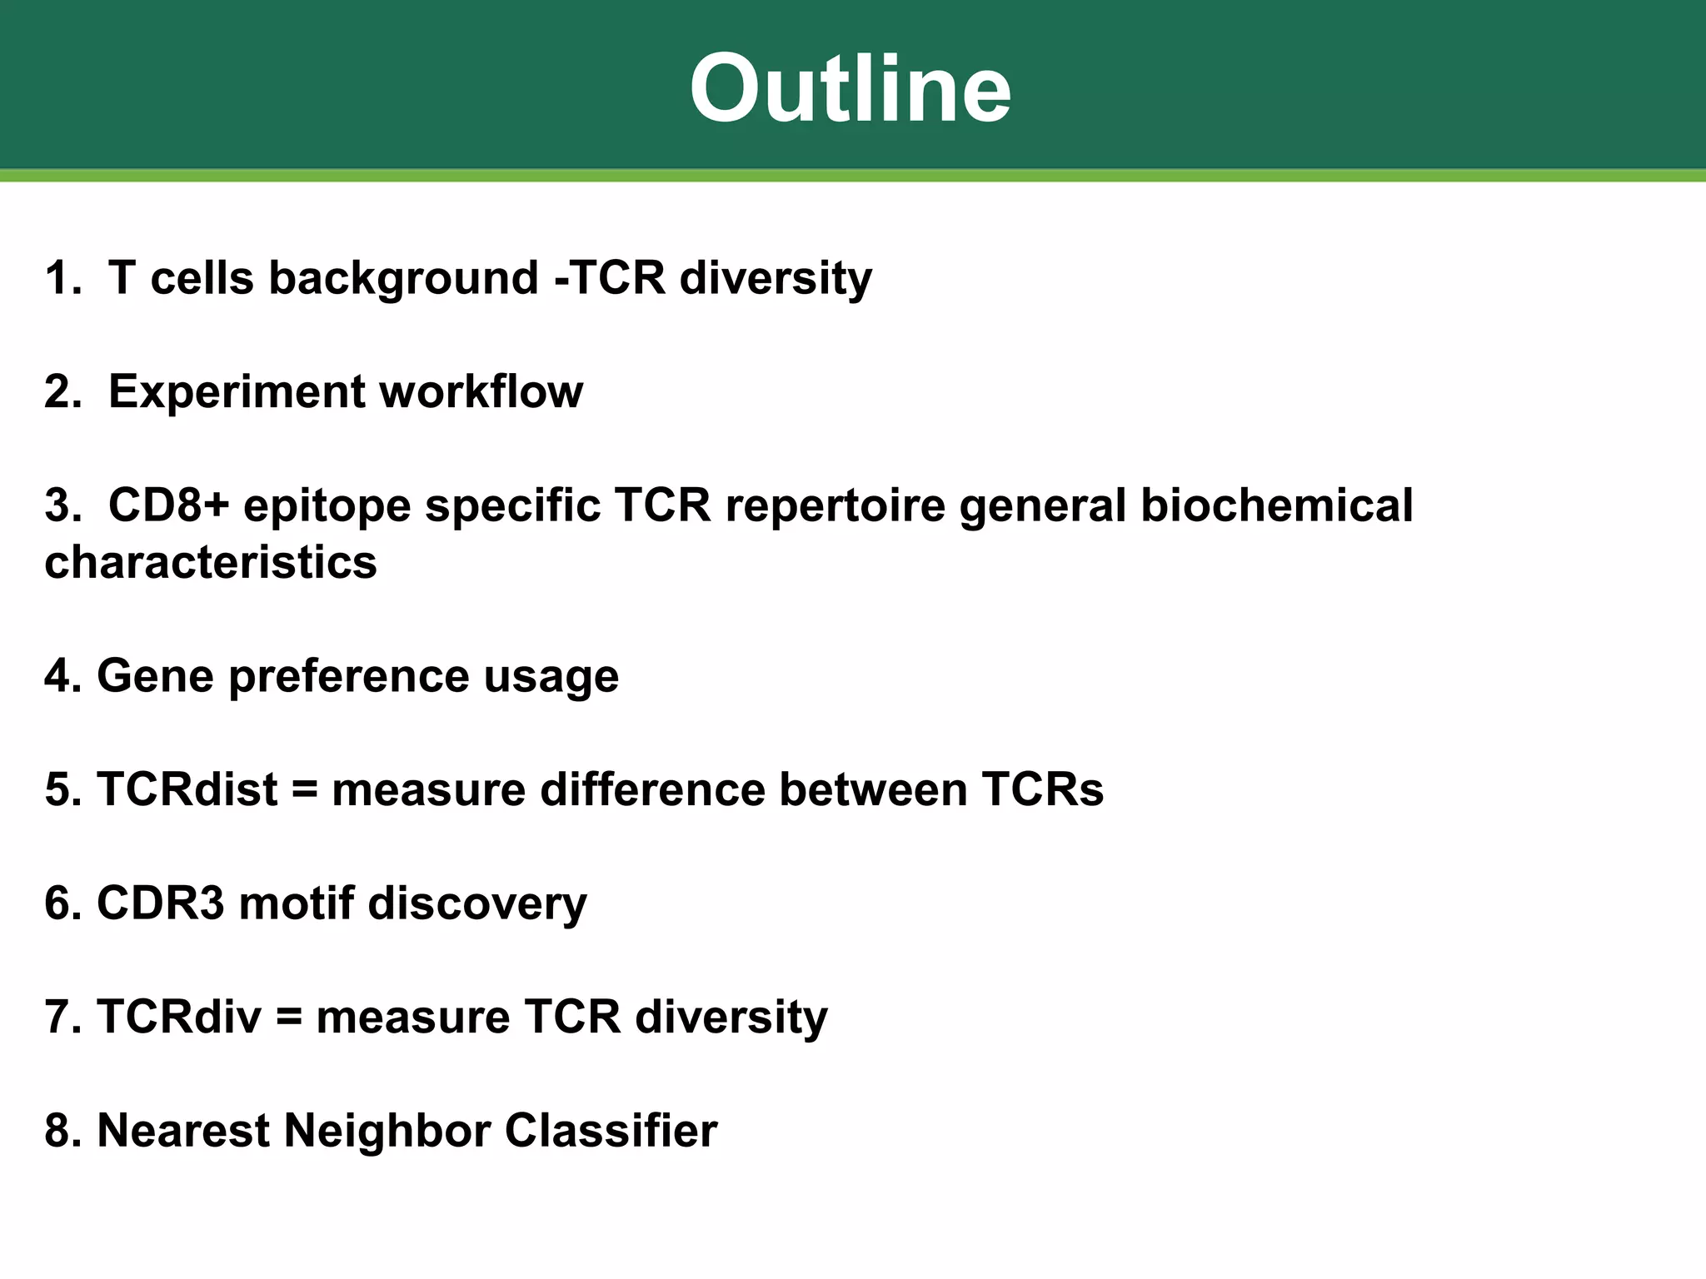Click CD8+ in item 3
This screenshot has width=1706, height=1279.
[168, 505]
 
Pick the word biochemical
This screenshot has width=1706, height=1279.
[1276, 505]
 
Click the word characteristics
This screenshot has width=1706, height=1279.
[211, 562]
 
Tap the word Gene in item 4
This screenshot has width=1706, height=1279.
[156, 675]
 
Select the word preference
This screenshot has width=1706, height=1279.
[349, 677]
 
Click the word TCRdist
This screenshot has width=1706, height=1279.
[187, 789]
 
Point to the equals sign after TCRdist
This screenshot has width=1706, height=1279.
[305, 790]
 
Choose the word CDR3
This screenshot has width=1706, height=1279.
[161, 903]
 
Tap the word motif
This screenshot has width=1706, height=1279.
[297, 903]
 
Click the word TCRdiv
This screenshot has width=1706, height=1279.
[179, 1017]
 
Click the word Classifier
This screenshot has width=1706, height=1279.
[611, 1131]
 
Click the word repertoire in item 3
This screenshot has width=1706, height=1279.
[836, 507]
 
